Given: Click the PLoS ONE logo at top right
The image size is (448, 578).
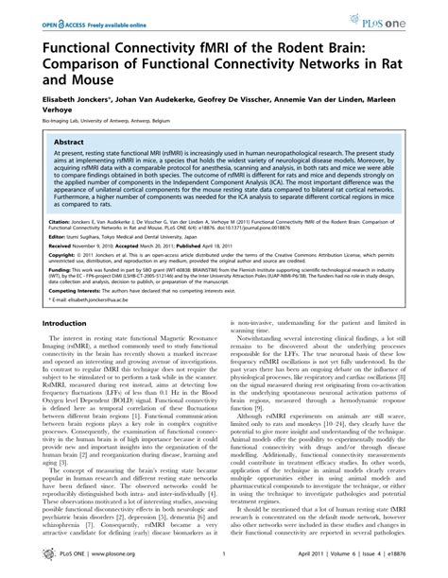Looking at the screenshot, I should coord(404,18).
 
